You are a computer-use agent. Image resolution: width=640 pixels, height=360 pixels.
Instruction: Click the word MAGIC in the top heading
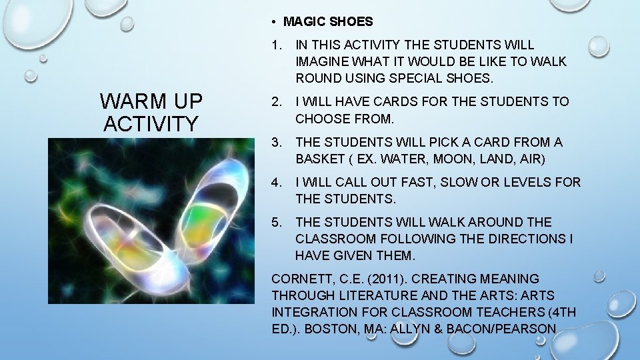tap(304, 21)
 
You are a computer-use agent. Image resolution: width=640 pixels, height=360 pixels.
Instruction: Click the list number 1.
tap(276, 45)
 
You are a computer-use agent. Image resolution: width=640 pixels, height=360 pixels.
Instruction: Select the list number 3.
tap(276, 142)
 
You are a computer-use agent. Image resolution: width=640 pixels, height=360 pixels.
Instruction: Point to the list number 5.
tap(276, 222)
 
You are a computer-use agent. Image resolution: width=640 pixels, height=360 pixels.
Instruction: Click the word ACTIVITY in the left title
tap(151, 124)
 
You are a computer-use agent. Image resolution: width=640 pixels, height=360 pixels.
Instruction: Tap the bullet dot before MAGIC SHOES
tap(275, 21)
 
